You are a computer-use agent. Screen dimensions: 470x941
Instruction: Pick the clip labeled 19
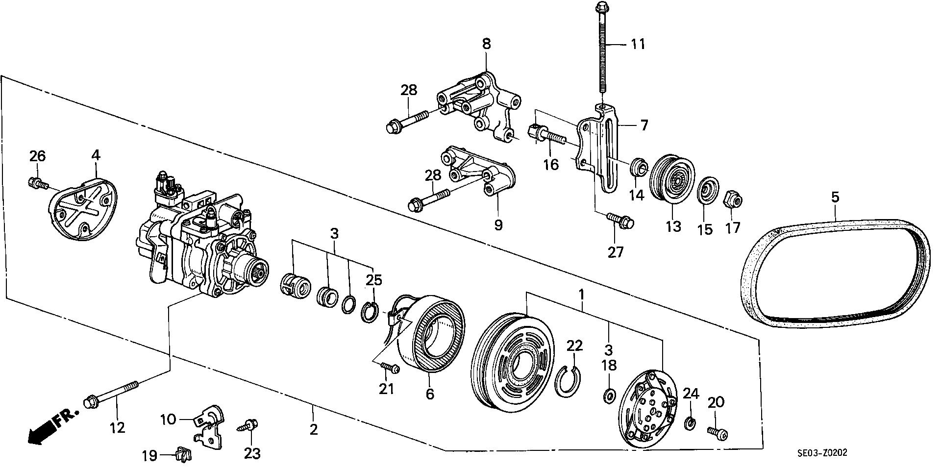tap(183, 455)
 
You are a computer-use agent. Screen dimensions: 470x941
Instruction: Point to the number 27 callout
tap(616, 252)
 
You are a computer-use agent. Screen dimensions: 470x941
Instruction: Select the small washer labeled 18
tap(608, 395)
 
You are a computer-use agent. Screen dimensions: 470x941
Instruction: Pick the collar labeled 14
tap(639, 168)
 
